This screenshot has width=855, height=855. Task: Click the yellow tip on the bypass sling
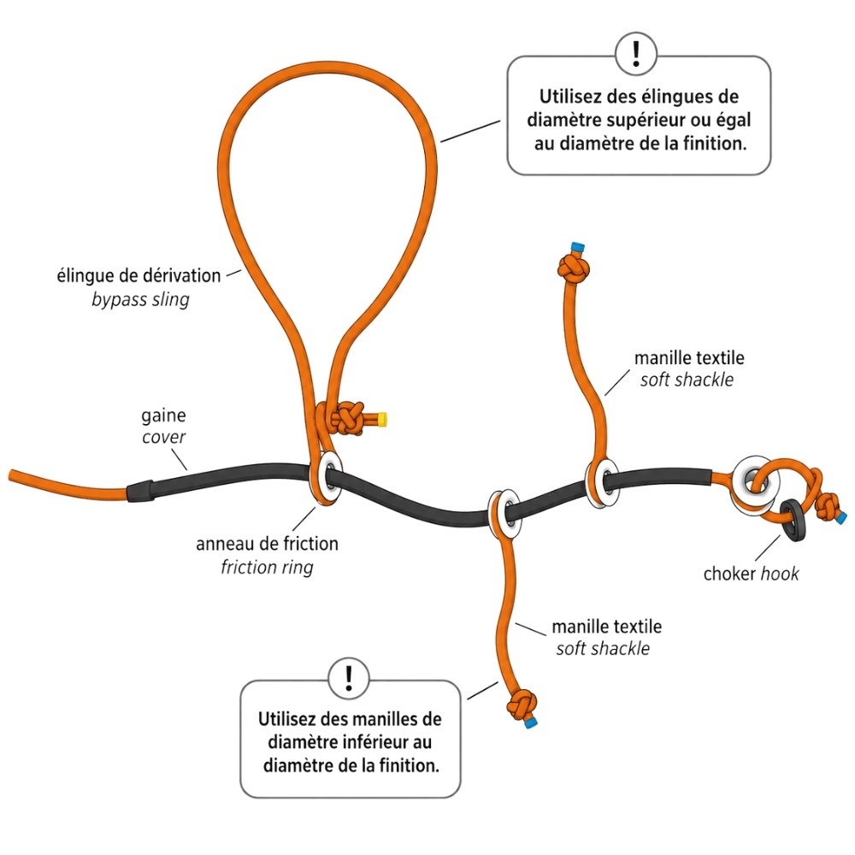(x=383, y=419)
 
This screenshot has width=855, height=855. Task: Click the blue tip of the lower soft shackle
(x=530, y=723)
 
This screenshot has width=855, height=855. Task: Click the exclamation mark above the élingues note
(x=636, y=53)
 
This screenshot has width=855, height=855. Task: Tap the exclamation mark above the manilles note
(x=349, y=678)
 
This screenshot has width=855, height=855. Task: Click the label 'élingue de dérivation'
(x=139, y=275)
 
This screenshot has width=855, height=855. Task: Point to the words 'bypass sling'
(x=140, y=299)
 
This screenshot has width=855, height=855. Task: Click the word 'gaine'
(x=163, y=416)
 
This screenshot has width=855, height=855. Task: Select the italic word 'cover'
(x=163, y=437)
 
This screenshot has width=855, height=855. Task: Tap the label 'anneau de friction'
(x=267, y=544)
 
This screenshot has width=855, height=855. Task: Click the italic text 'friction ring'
(x=267, y=567)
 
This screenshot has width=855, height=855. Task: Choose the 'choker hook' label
(x=751, y=574)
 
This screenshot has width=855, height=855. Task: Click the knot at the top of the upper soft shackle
(x=575, y=268)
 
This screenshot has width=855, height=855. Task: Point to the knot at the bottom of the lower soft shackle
(x=522, y=705)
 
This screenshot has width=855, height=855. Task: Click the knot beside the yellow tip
(x=348, y=419)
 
